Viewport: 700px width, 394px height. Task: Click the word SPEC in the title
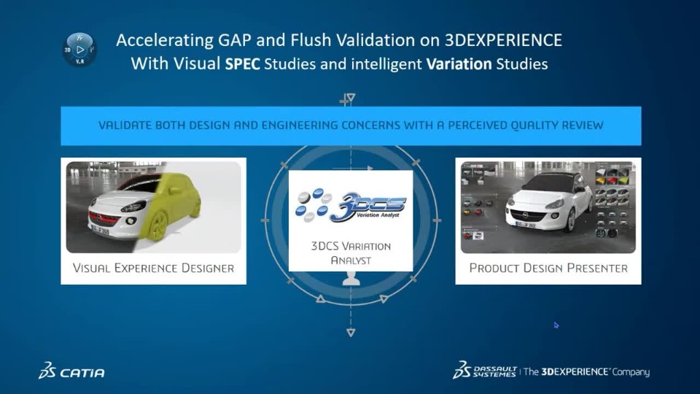coord(242,64)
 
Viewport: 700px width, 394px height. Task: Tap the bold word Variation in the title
coord(459,64)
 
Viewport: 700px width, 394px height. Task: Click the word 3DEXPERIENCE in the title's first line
coord(503,40)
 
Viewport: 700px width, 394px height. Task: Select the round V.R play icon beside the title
coord(79,50)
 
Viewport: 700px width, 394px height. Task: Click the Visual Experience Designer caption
coord(154,268)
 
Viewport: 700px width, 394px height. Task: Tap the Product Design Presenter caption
coord(548,268)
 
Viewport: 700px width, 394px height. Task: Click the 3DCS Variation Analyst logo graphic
coord(351,206)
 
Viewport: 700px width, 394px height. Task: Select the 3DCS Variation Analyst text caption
coord(351,253)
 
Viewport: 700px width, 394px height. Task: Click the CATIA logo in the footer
coord(71,371)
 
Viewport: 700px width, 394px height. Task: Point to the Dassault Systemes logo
coord(485,371)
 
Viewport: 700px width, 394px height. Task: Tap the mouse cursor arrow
coord(556,325)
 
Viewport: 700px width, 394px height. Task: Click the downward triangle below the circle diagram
coord(351,333)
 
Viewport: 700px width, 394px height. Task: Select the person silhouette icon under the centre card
coord(351,278)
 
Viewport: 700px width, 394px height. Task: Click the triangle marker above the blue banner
coord(351,97)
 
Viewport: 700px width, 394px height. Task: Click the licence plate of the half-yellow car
coord(100,230)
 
